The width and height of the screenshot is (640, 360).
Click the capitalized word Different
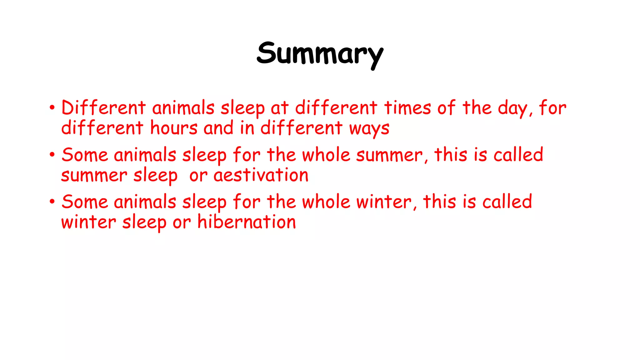coord(103,108)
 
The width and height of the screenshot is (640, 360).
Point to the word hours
coord(174,128)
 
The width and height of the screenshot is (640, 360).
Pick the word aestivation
coord(261,175)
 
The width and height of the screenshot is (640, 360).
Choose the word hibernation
coord(247,222)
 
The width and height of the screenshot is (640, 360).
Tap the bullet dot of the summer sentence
coord(52,155)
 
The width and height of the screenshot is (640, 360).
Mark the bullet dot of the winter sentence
coord(52,202)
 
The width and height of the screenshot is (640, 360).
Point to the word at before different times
coord(279,108)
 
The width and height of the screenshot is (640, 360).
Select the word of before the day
coord(446,108)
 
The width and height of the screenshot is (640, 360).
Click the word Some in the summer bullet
coord(85,155)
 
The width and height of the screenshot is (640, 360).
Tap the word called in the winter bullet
coord(507,202)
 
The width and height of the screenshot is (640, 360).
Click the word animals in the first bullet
coord(183,108)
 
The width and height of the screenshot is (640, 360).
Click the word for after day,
coord(552,108)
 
